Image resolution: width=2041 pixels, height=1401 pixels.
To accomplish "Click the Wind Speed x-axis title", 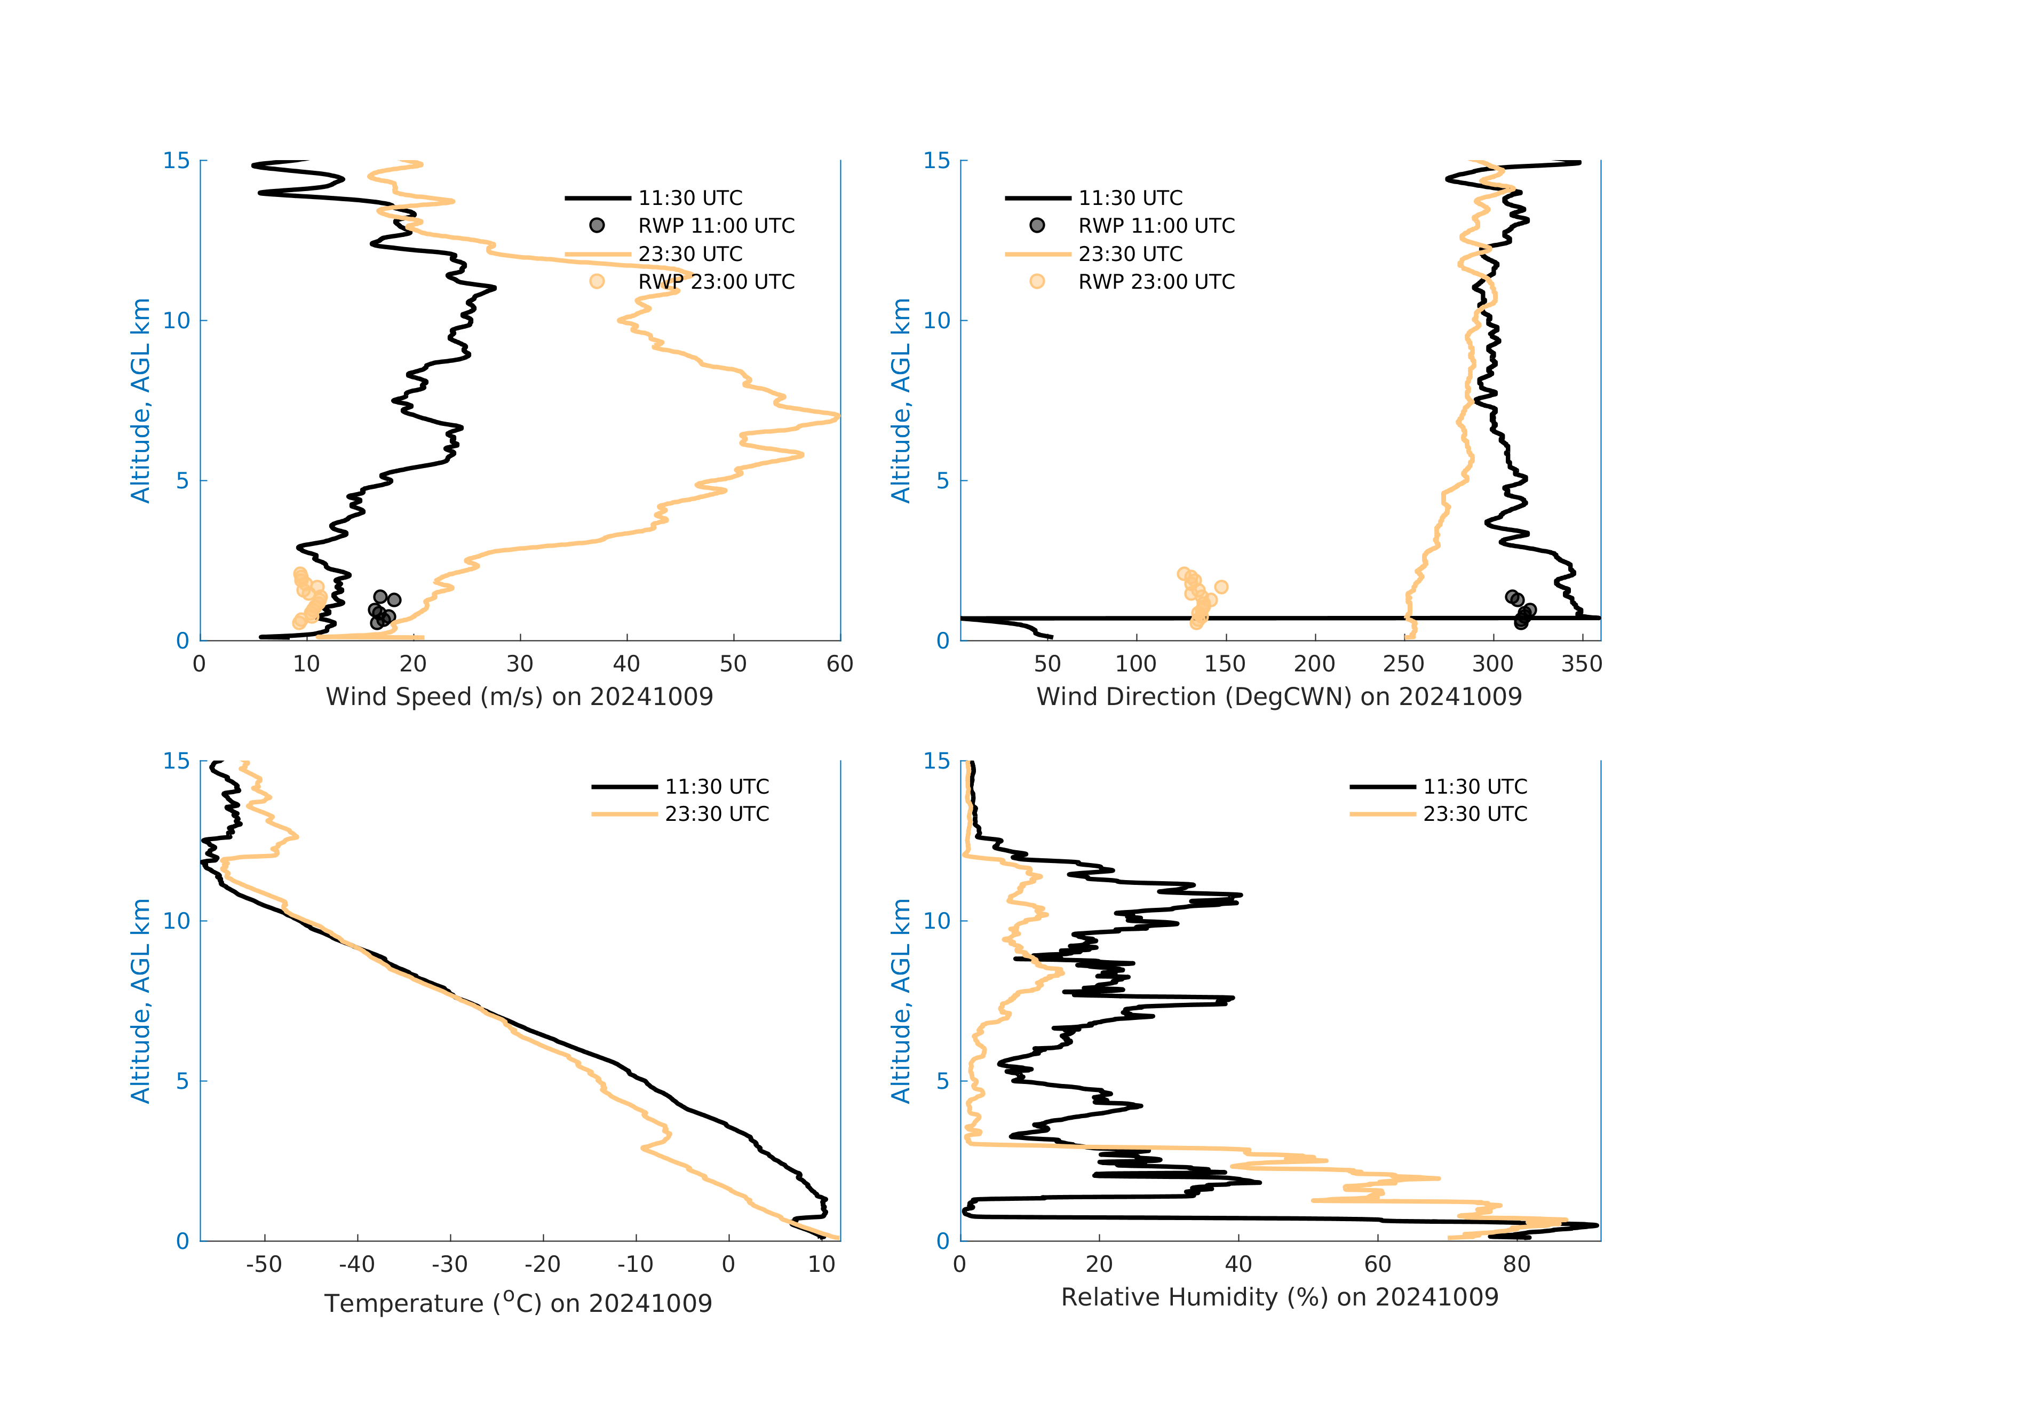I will (x=519, y=696).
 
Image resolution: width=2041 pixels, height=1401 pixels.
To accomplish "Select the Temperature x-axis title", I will (x=518, y=1303).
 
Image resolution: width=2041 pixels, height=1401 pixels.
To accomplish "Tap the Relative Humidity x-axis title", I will (x=1280, y=1297).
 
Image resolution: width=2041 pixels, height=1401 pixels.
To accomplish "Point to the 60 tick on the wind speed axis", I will (x=839, y=664).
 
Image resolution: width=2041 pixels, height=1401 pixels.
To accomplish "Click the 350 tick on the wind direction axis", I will (x=1582, y=664).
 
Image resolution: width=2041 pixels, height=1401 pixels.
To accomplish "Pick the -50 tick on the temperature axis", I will (x=264, y=1265).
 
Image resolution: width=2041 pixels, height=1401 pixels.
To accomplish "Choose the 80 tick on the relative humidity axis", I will (x=1516, y=1265).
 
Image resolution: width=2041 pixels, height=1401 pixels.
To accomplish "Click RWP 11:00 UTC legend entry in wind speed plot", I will (x=716, y=226).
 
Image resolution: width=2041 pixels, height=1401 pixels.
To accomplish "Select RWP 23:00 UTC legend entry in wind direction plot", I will (x=1156, y=282).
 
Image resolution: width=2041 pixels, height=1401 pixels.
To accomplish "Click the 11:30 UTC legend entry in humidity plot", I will (x=1474, y=786).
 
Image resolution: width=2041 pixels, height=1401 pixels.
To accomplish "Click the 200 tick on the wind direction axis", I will (x=1314, y=664).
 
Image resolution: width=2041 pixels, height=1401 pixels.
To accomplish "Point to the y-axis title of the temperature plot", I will (x=140, y=1001).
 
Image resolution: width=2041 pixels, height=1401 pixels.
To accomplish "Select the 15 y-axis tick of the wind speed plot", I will (x=177, y=161).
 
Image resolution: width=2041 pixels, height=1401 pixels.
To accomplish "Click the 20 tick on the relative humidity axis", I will (x=1099, y=1265).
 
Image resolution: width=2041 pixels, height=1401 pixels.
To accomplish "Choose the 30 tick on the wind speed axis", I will (x=520, y=664).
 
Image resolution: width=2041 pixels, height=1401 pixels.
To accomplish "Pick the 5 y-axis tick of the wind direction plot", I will (x=942, y=480).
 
